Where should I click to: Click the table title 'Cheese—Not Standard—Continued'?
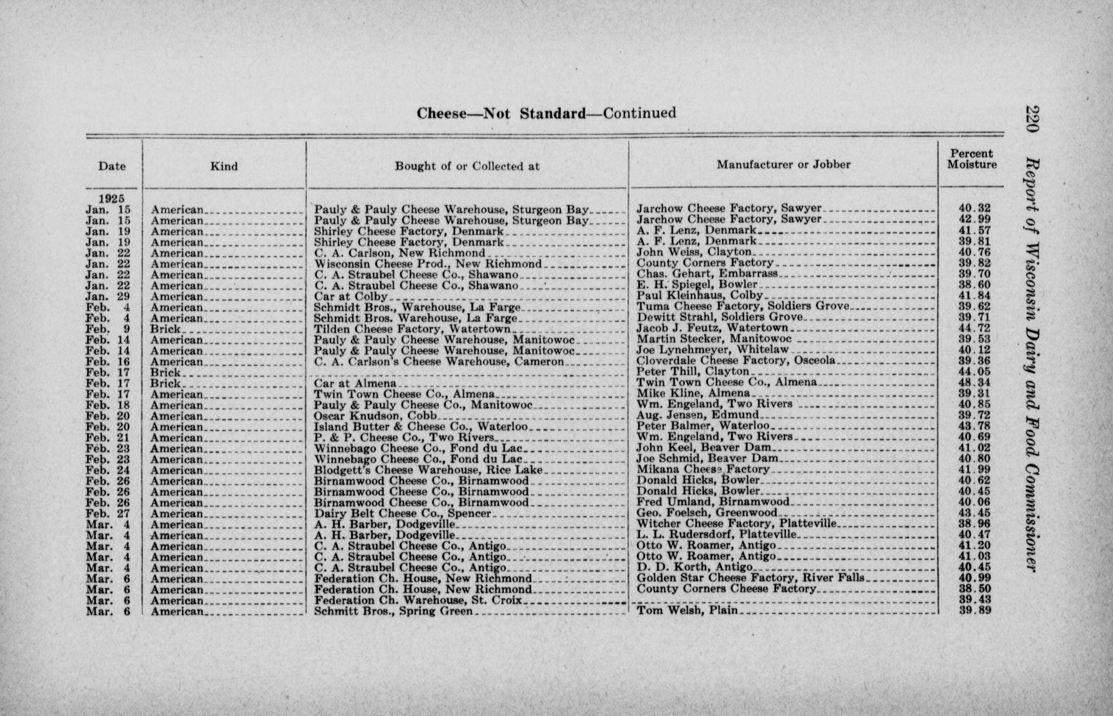546,113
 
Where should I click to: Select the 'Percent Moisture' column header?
971,159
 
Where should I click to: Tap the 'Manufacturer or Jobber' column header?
784,165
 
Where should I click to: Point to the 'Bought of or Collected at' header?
467,167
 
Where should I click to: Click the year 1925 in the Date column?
112,198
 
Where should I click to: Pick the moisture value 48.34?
975,383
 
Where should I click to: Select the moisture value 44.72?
975,328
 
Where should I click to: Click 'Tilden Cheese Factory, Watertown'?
412,329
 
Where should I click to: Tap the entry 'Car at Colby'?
351,296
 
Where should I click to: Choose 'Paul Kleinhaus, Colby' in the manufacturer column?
699,295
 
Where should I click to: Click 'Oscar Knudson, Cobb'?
375,416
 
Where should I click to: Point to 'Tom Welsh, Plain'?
687,610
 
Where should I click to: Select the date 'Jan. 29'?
108,296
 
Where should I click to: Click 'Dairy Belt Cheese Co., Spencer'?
402,514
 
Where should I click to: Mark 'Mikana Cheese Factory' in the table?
703,470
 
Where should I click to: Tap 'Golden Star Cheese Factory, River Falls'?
750,577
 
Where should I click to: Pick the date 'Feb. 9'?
108,329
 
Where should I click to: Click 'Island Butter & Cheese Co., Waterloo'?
420,427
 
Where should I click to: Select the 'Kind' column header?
224,167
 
